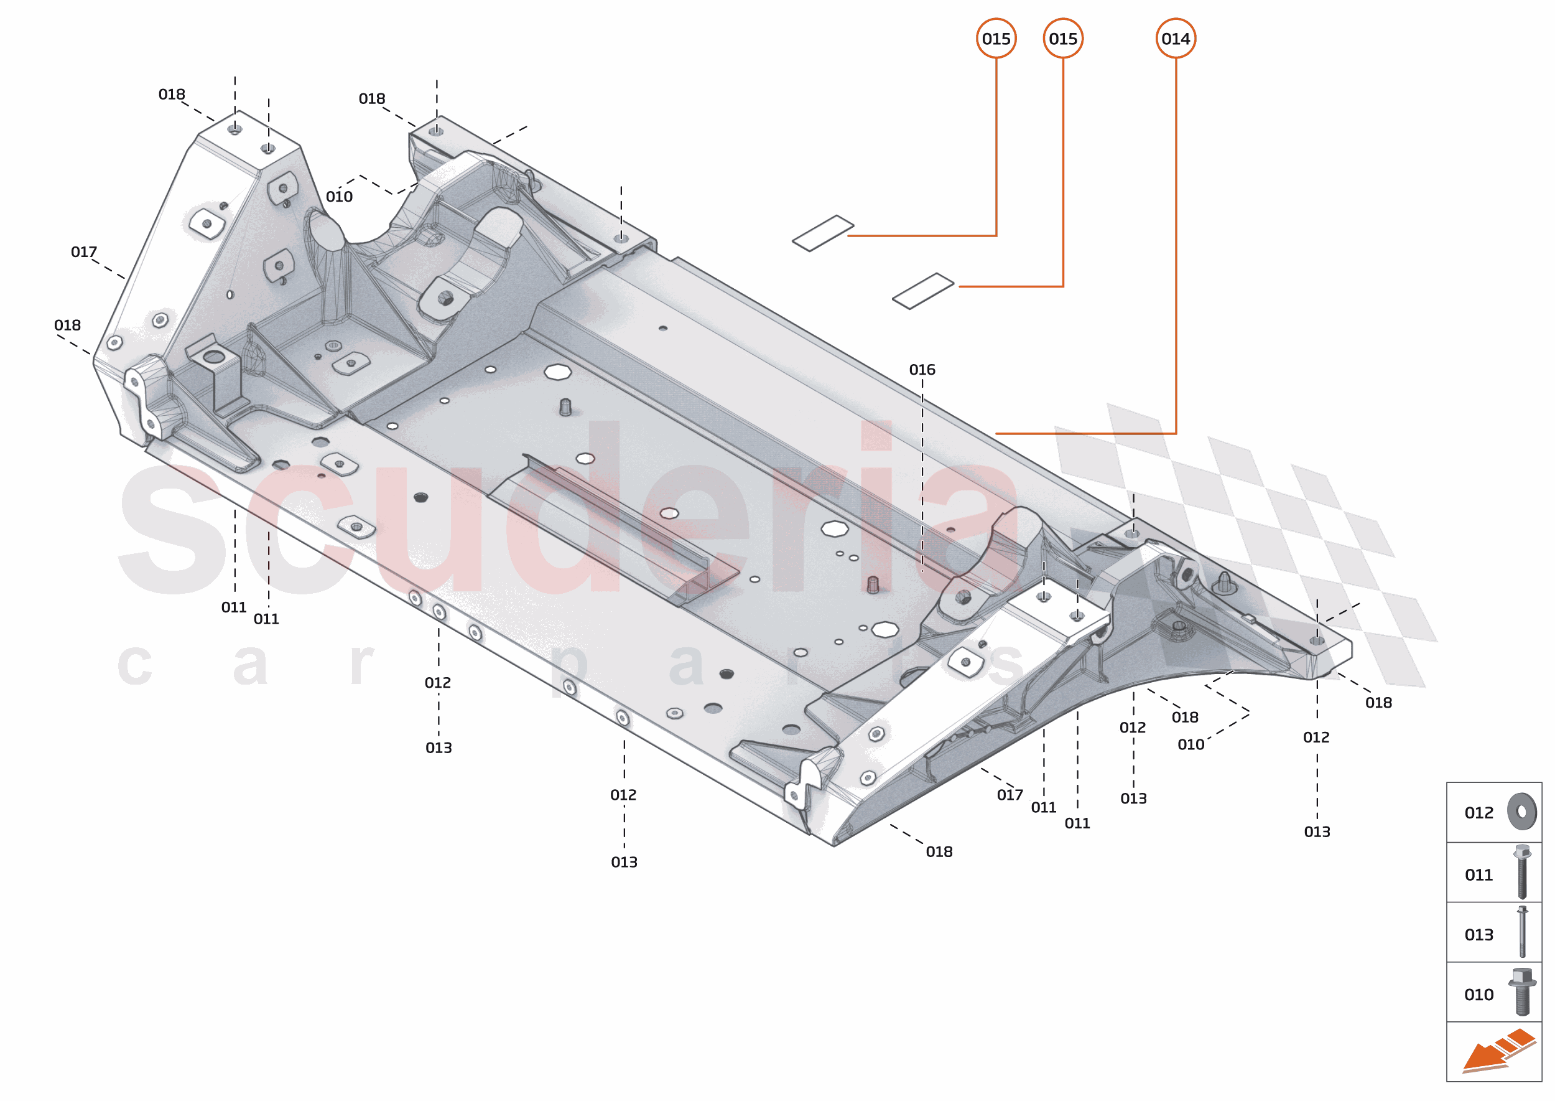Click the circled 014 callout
[1175, 39]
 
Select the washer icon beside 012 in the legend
[1522, 811]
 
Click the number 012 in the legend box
[1478, 812]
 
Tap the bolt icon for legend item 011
[1522, 872]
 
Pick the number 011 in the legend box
[1478, 874]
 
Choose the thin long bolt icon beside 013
[1522, 932]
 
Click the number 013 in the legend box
[1478, 934]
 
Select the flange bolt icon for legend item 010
[1522, 991]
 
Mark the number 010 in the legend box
[1478, 994]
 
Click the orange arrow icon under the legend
[1497, 1051]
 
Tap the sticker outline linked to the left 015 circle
[822, 233]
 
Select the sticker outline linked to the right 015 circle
[922, 291]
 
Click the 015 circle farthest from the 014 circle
[995, 39]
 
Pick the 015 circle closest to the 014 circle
[1062, 39]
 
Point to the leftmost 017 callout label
[84, 252]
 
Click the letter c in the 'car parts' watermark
[134, 665]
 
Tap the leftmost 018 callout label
[67, 326]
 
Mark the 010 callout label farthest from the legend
[339, 197]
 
